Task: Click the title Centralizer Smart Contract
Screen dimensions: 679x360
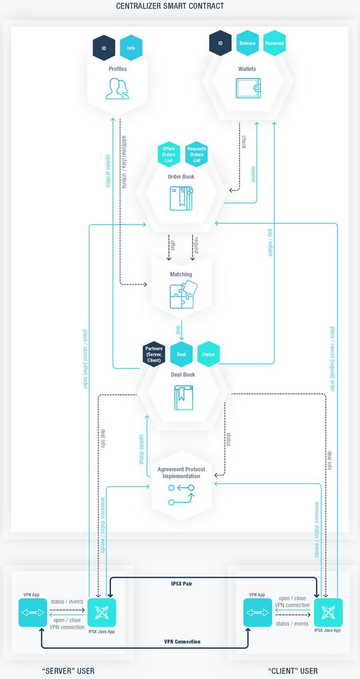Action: click(170, 6)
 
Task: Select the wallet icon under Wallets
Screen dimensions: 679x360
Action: click(247, 88)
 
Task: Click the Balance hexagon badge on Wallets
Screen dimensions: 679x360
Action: click(247, 43)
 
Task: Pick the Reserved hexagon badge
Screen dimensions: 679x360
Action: click(274, 43)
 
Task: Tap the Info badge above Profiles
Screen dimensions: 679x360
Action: click(131, 48)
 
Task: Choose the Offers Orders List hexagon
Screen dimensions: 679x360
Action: click(169, 153)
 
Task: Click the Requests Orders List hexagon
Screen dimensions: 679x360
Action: click(196, 153)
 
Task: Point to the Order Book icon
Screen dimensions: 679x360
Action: click(181, 198)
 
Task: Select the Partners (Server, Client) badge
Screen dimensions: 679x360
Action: click(154, 354)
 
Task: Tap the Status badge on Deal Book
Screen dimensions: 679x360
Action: click(209, 354)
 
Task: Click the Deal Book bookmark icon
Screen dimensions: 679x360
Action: click(181, 397)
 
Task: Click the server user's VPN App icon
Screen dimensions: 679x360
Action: click(30, 612)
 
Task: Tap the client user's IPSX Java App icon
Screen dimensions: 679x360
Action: click(327, 613)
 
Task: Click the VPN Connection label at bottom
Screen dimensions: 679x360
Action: click(182, 641)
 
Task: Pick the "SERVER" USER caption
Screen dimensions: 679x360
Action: click(69, 671)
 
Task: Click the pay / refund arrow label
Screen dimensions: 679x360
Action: click(269, 243)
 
